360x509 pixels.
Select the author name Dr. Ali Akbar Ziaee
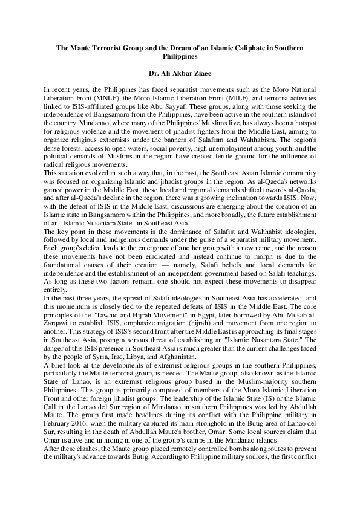click(x=180, y=71)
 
